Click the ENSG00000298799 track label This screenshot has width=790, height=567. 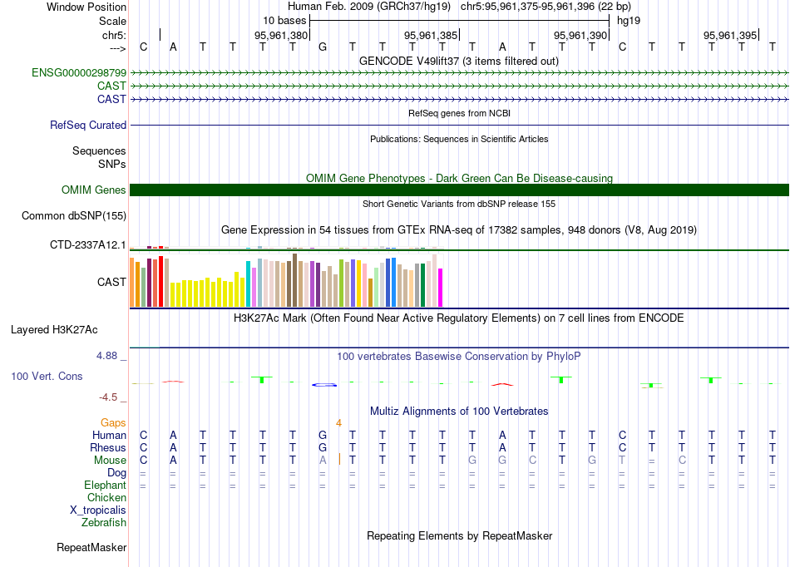79,73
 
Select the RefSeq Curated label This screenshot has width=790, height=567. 88,126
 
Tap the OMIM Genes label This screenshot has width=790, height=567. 94,190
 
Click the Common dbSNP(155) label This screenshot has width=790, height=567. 74,216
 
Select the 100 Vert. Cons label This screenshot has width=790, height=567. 47,377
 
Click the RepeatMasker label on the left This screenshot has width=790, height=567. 91,548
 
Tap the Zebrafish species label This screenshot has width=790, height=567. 104,523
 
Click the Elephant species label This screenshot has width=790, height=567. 105,486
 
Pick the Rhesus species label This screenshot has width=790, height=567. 109,448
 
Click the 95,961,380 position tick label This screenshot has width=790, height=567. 281,36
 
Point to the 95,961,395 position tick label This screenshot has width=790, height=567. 730,36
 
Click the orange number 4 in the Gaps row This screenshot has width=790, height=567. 338,423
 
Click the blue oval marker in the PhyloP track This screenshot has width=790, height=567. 323,384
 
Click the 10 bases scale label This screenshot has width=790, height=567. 284,20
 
